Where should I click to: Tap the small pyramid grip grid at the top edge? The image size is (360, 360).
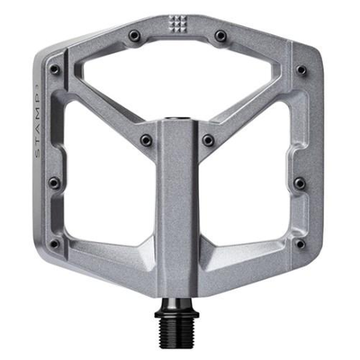(175, 24)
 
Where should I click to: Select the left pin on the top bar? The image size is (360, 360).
(134, 36)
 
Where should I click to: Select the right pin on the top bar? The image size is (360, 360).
(220, 36)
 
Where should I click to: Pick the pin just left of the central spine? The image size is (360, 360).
(146, 139)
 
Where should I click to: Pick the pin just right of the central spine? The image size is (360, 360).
(209, 139)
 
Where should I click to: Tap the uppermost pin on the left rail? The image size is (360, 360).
(55, 69)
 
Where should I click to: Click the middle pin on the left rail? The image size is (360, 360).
(55, 183)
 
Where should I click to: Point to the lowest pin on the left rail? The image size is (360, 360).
(54, 243)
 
